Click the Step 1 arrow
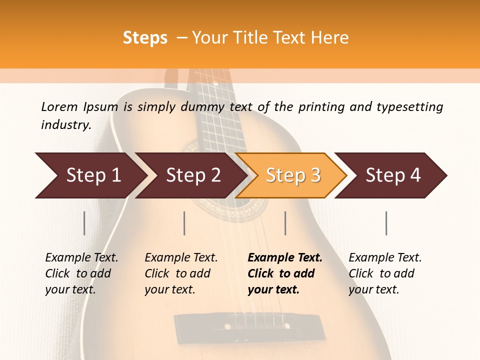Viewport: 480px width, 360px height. coord(90,175)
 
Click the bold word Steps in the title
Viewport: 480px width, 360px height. coord(145,37)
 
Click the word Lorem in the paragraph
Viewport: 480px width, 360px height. coord(59,106)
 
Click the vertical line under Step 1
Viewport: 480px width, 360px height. coord(84,223)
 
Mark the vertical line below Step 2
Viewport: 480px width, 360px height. coord(184,223)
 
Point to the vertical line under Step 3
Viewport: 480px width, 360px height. coord(285,223)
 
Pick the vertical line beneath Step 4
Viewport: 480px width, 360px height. coord(386,223)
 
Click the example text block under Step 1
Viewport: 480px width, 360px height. coord(81,273)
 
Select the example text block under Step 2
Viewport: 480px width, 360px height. coord(180,273)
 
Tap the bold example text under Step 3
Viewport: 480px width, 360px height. coord(284,273)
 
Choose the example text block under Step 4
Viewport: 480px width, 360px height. coord(384,273)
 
